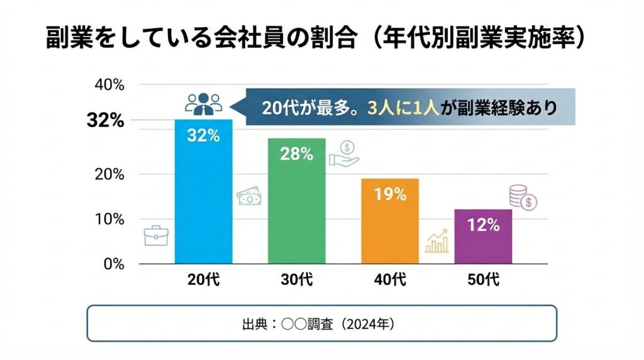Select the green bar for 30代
tap(296, 208)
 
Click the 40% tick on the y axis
tap(109, 84)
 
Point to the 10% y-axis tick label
tap(109, 219)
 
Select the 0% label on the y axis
tap(113, 264)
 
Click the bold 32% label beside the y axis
tap(105, 121)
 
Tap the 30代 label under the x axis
tap(296, 280)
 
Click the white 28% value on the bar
tap(296, 154)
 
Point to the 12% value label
tap(483, 225)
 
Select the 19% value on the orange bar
tap(390, 194)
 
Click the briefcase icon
tap(155, 235)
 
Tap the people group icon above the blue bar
tap(203, 103)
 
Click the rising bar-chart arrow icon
tap(437, 241)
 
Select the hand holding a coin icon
tap(344, 153)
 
